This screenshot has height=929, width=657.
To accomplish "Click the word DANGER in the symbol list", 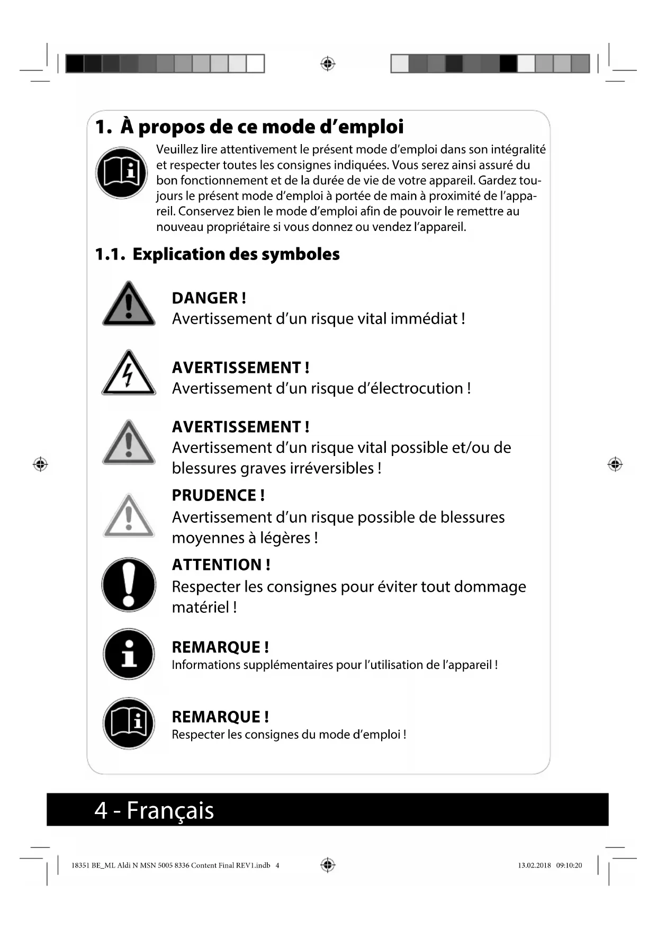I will coord(204,298).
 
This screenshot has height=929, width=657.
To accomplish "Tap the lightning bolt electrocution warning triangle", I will coord(129,373).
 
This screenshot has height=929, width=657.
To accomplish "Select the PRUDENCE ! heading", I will coord(218,496).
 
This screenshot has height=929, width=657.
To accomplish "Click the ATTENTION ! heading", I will coord(221,565).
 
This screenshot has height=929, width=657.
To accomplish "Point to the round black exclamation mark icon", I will coord(129,585).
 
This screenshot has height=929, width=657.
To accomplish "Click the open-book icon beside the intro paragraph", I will coord(121,173).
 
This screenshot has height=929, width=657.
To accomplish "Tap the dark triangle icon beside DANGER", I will coord(129,305).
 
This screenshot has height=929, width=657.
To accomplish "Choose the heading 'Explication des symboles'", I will coord(236,254).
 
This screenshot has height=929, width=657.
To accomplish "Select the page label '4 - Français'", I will coord(154,810).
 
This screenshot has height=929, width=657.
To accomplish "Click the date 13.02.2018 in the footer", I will coord(534,865).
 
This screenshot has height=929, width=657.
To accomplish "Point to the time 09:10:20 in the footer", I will coord(569,865).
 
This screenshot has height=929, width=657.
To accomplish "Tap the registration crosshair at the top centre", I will coord(328,64).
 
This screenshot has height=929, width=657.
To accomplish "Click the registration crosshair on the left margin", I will coord(40,465).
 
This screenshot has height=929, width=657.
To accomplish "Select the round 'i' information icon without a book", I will coord(129,654).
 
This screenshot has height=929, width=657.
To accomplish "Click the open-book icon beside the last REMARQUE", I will coord(129,723).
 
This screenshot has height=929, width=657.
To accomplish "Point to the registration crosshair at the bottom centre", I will coord(328,865).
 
